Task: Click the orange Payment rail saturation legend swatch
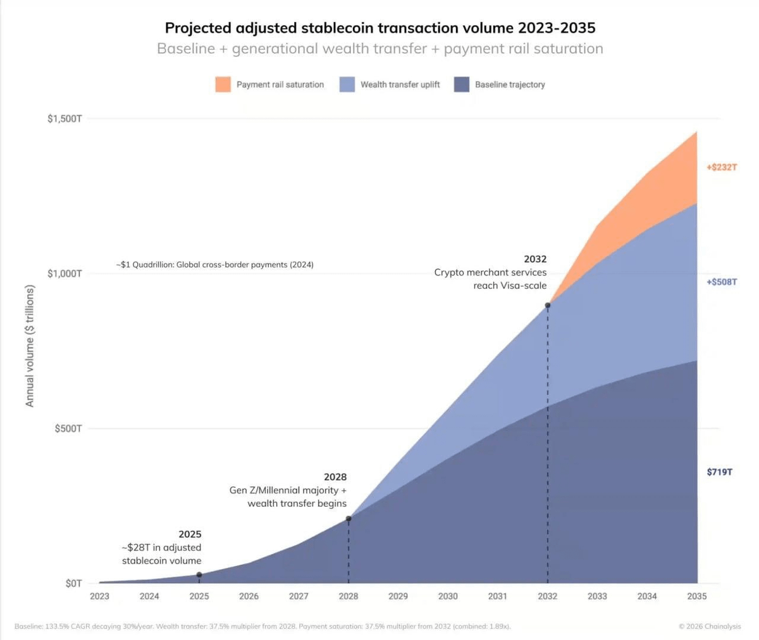(223, 85)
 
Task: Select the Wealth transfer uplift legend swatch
(347, 85)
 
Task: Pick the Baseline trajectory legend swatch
(462, 85)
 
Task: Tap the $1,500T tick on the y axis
(65, 119)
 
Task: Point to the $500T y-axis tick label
(68, 428)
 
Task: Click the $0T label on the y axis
(73, 583)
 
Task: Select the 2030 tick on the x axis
(448, 596)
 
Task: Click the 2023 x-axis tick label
(99, 596)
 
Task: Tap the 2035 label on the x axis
(697, 596)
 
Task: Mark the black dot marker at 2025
(199, 575)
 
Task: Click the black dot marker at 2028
(349, 519)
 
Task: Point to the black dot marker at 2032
(548, 305)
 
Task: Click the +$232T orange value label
(721, 167)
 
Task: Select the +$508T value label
(721, 282)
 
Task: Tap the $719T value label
(720, 472)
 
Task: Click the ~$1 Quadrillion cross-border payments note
(214, 265)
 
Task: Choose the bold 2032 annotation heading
(535, 259)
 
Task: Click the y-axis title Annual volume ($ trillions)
(30, 346)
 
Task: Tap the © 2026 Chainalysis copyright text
(710, 627)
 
